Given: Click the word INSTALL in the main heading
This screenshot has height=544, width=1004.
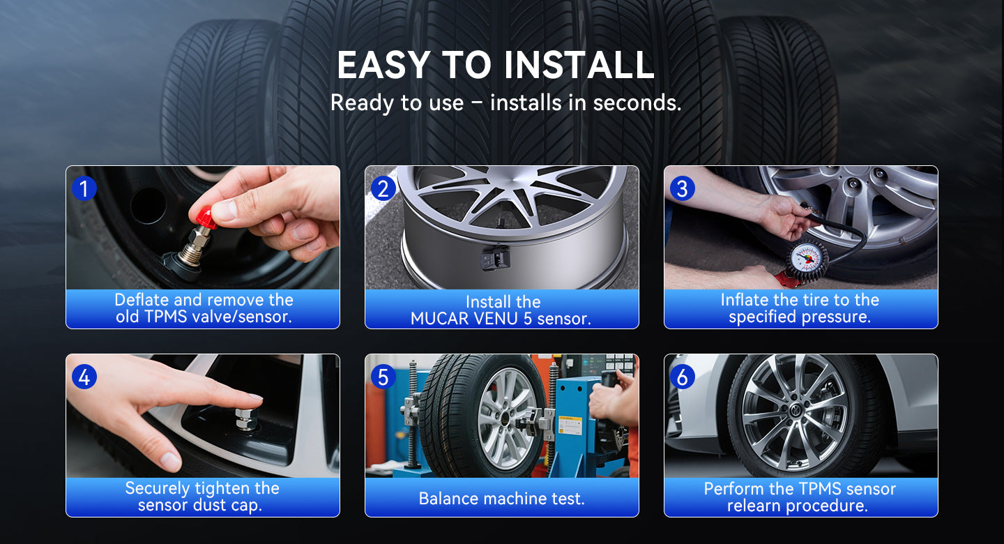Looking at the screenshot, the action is (x=579, y=65).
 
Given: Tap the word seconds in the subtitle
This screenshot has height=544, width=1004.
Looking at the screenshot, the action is (x=637, y=103).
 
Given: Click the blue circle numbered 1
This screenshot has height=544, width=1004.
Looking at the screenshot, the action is (x=84, y=188).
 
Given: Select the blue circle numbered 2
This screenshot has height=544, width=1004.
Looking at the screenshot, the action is (x=383, y=188).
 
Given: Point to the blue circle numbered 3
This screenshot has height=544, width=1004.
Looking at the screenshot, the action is (x=682, y=188).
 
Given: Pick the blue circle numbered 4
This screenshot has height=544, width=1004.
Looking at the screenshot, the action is (x=84, y=377).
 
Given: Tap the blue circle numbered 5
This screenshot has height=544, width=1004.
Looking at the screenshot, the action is (x=383, y=377).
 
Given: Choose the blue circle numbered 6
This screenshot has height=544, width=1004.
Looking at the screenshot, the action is (x=682, y=377).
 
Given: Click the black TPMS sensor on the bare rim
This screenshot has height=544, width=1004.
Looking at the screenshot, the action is (x=495, y=258).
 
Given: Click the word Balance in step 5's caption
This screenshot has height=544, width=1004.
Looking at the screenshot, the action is (x=448, y=498).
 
